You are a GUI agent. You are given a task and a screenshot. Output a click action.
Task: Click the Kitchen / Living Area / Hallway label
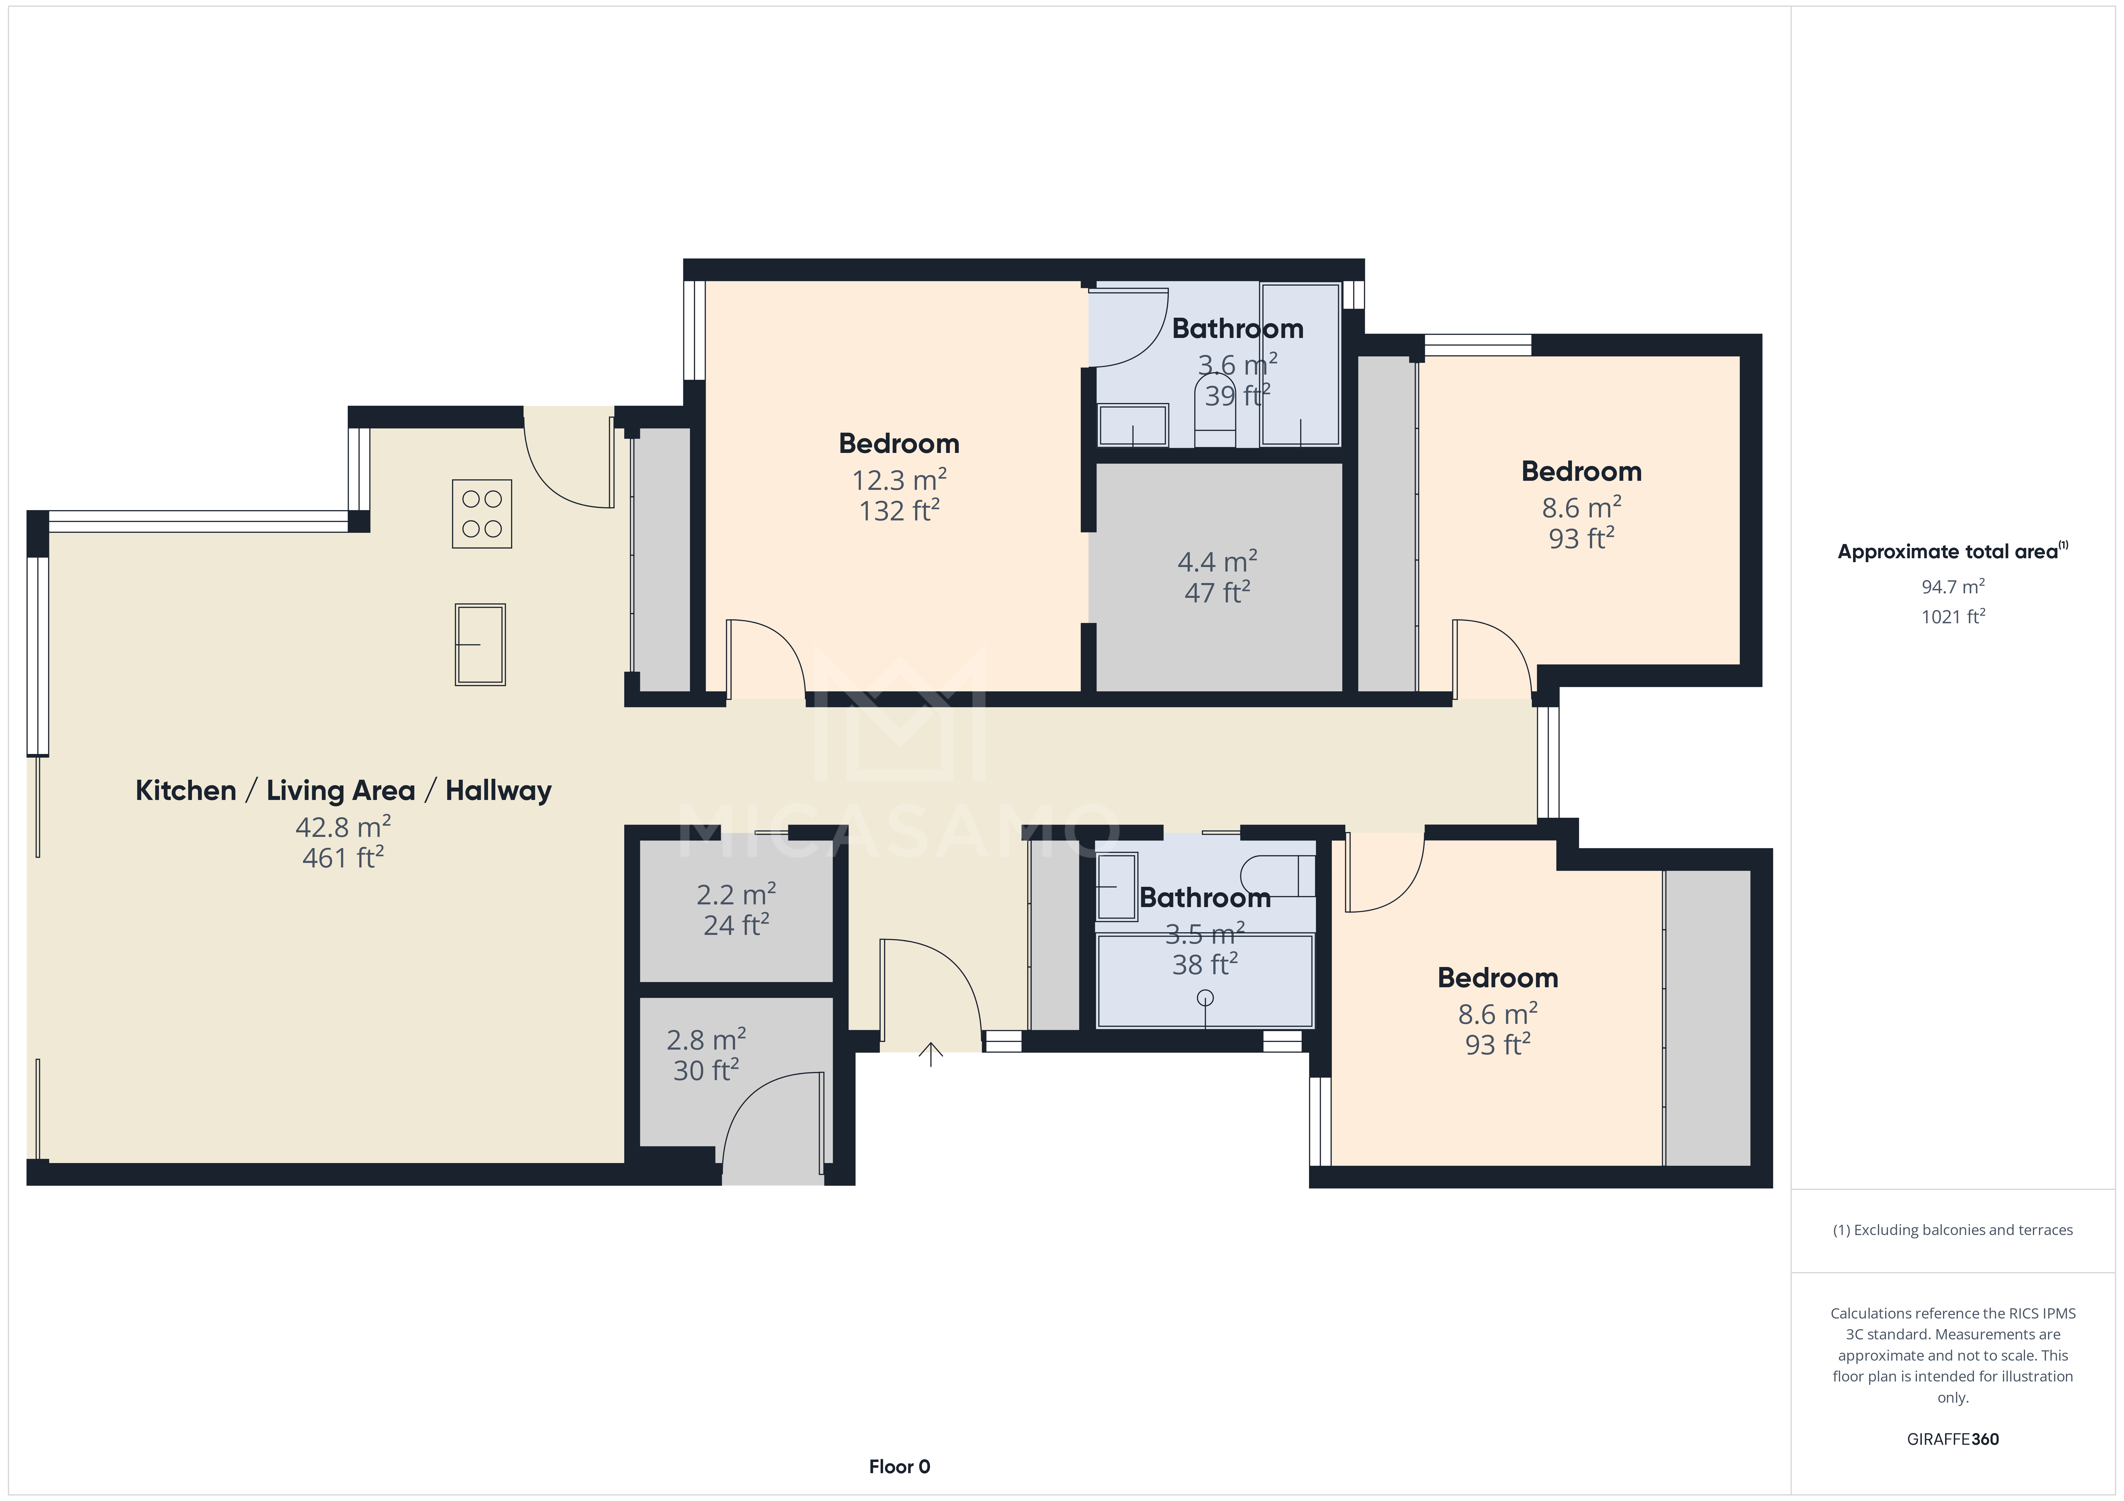343,791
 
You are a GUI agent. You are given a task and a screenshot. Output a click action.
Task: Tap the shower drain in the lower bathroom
1205,998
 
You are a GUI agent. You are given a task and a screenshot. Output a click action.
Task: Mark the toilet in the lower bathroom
1277,876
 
